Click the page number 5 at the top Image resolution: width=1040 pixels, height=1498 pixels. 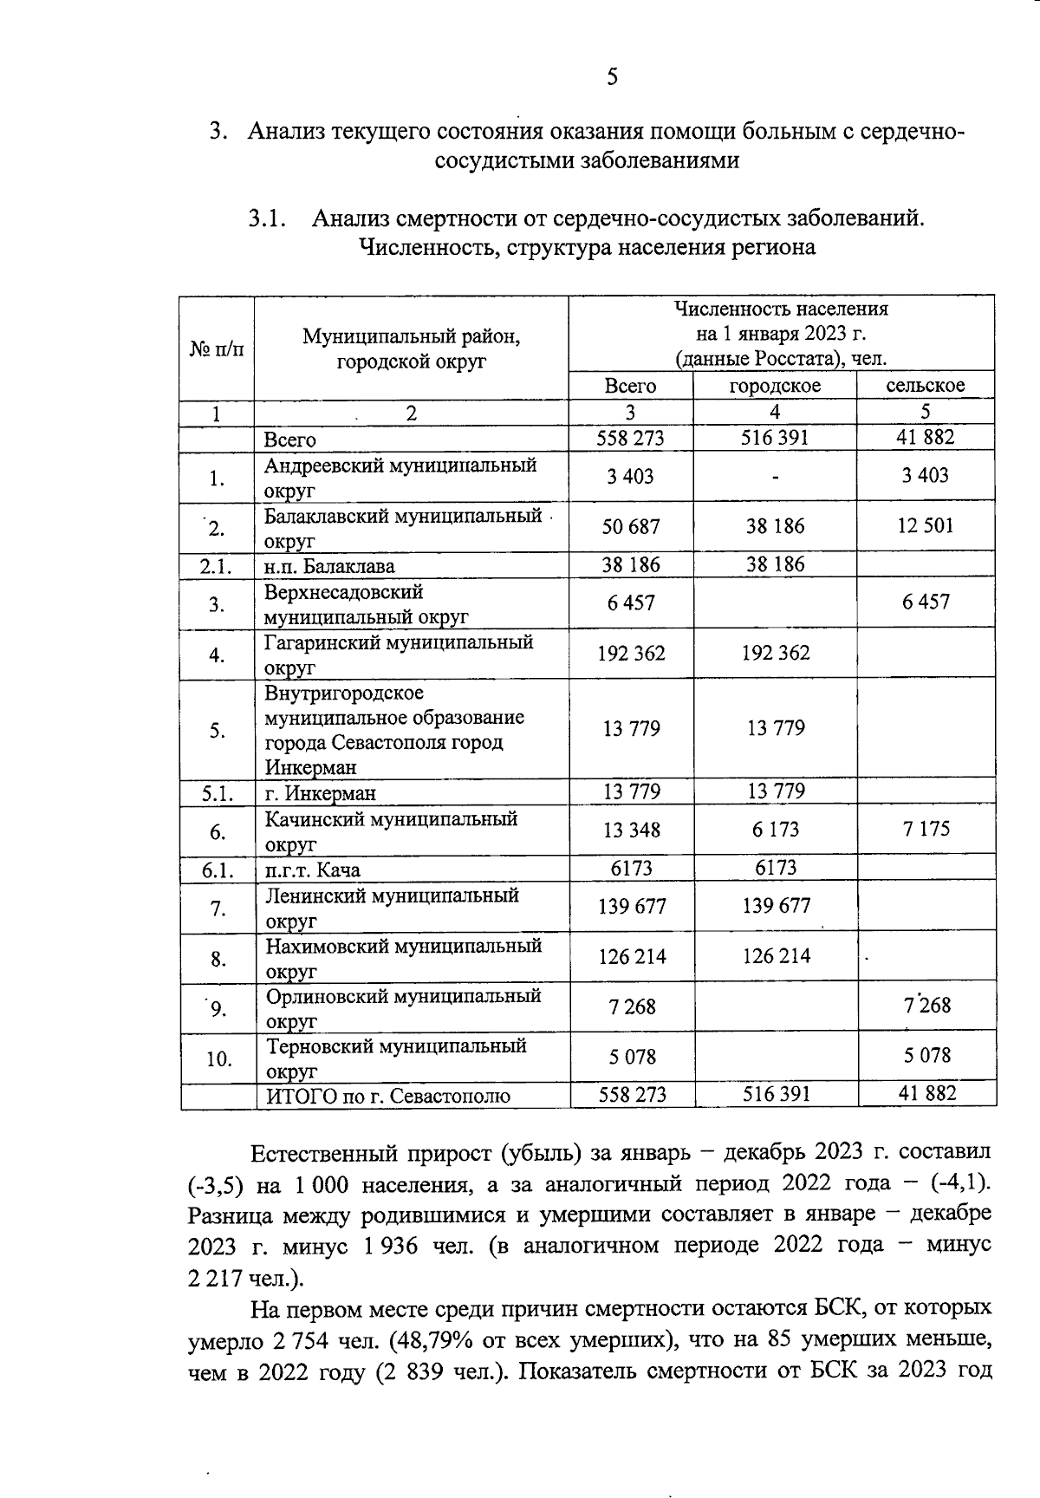(x=612, y=77)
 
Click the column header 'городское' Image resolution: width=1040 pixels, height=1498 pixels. (x=775, y=386)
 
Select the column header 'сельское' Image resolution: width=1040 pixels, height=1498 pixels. (x=926, y=386)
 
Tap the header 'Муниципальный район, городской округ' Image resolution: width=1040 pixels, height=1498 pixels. (x=411, y=348)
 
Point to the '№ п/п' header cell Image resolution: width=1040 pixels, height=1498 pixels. (x=217, y=348)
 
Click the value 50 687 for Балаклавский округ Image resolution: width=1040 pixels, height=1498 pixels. (x=631, y=526)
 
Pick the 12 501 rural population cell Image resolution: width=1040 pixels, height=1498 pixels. (x=926, y=526)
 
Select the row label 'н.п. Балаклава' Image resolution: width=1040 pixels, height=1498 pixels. (x=329, y=567)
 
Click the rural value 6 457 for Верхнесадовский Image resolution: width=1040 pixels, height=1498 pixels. (x=926, y=602)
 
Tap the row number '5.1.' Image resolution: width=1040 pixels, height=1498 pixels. (x=217, y=792)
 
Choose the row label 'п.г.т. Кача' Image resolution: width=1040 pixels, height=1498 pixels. (x=313, y=869)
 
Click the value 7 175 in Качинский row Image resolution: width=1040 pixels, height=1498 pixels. (x=926, y=829)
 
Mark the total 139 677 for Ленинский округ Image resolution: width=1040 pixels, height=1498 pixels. (x=631, y=907)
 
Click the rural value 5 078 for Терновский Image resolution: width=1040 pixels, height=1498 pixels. (x=926, y=1056)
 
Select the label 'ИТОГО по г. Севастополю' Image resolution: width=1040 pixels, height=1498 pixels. (x=387, y=1097)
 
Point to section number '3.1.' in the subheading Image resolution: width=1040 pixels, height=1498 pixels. (x=267, y=218)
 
